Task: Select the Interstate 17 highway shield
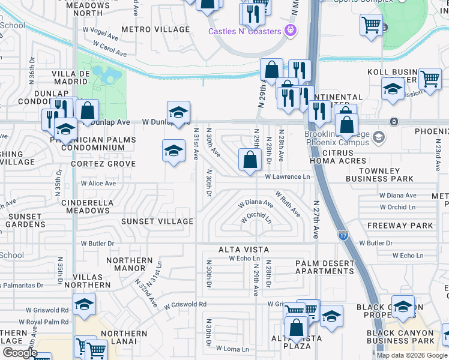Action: tap(343, 235)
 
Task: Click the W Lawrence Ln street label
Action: tap(288, 176)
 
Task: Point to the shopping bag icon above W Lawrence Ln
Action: tap(249, 160)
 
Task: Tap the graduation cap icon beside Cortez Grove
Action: tap(173, 150)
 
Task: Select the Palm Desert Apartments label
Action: tap(324, 267)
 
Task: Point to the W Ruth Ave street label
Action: tap(288, 204)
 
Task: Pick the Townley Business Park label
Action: tap(379, 175)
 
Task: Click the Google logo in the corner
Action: tap(19, 353)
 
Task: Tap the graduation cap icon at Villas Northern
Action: tap(84, 305)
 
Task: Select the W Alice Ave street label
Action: tap(98, 183)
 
